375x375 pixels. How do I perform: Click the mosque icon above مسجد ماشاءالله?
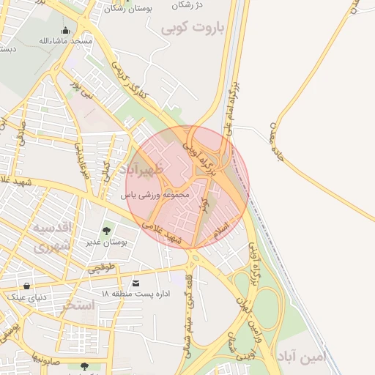click(67, 31)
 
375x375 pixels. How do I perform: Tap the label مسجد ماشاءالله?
click(67, 42)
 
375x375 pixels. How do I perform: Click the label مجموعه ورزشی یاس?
click(155, 196)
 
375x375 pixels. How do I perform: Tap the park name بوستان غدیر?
click(107, 241)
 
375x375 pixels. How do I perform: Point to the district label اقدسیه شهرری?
click(52, 236)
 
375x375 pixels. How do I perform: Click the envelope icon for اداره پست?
click(135, 283)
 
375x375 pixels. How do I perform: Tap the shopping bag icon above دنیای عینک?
click(27, 286)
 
